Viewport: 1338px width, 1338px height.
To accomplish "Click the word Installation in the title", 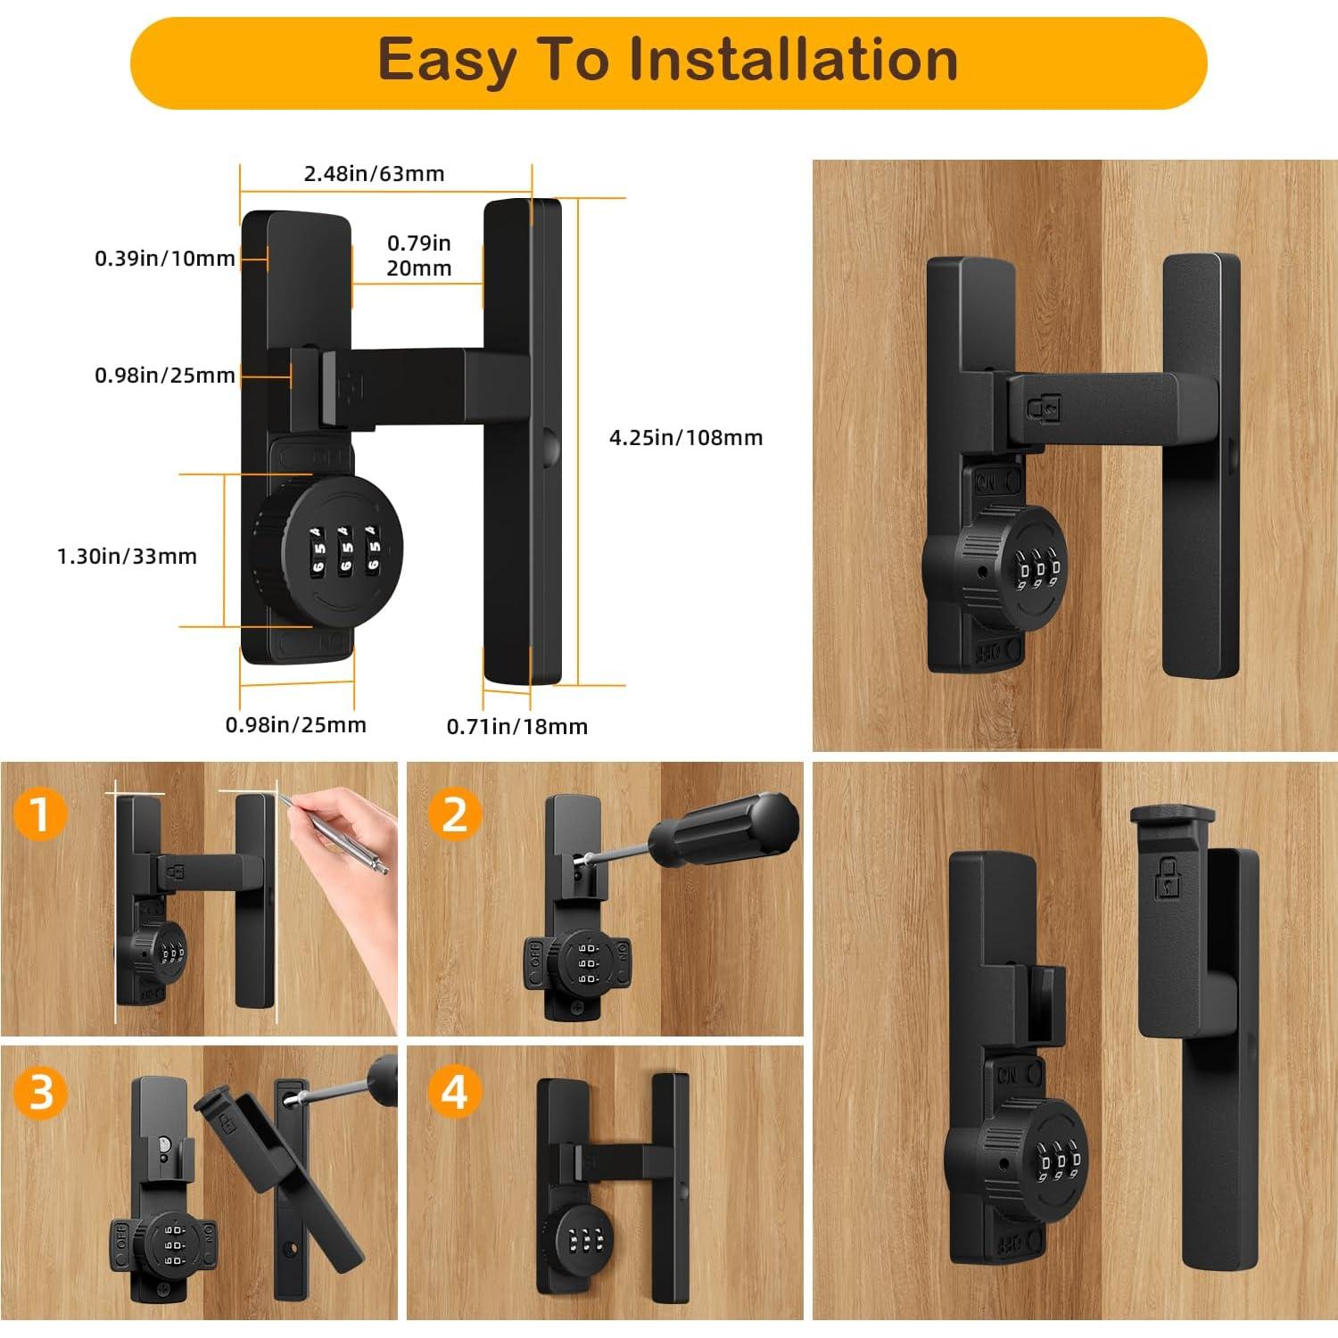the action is point(793,60).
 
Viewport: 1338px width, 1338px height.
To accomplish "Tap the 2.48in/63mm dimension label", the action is point(375,173).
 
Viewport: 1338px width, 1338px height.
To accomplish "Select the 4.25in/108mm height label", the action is point(686,437).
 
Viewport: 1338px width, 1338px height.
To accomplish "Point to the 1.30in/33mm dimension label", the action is point(127,556).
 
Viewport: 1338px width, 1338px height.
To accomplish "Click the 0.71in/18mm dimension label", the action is point(517,726).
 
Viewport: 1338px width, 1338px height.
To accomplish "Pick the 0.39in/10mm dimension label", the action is point(165,258).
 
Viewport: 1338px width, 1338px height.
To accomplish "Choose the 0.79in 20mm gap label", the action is point(419,255).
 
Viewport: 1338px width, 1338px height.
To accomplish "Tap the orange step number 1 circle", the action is point(40,814).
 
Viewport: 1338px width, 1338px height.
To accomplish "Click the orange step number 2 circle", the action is point(455,814).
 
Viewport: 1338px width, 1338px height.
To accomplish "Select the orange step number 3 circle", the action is point(40,1091).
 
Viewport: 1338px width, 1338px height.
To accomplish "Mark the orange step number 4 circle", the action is point(455,1091).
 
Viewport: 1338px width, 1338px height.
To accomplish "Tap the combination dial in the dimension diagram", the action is point(328,545).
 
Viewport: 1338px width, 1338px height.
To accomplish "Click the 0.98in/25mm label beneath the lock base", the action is point(295,724).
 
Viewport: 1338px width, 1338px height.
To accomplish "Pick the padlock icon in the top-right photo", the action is point(1043,408).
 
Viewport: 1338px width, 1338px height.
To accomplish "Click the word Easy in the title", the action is point(447,60).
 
